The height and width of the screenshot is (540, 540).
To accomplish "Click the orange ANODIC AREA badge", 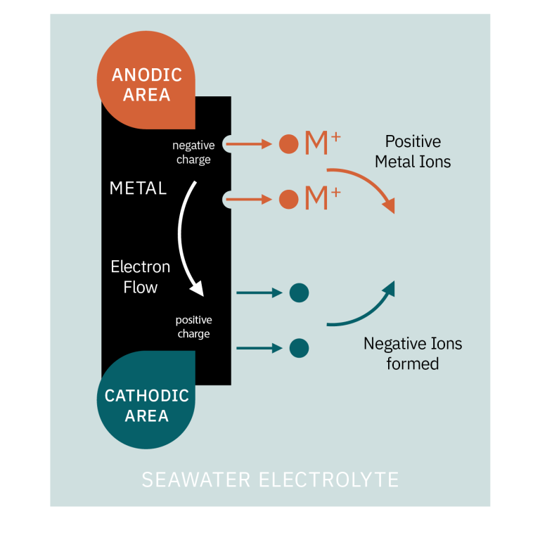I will (146, 84).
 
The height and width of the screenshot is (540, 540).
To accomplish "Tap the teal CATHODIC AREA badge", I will (146, 404).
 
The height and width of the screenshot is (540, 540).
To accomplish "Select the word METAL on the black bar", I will (138, 188).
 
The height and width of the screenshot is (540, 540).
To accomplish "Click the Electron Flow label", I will (141, 277).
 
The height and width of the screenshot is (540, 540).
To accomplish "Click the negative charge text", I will (193, 153).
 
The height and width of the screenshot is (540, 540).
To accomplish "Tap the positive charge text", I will (193, 327).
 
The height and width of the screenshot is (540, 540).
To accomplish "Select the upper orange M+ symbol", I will (322, 143).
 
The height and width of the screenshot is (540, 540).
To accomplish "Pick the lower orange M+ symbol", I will (322, 199).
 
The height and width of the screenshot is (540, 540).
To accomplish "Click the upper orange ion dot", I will (288, 144).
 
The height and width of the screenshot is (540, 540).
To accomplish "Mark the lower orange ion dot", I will (288, 200).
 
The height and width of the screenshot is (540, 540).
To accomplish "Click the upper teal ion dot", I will (299, 292).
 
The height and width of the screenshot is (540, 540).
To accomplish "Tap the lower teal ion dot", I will (299, 348).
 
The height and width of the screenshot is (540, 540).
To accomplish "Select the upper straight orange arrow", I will (252, 144).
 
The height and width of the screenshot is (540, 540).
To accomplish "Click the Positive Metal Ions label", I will (413, 151).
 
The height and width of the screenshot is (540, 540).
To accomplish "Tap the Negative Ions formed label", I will (413, 354).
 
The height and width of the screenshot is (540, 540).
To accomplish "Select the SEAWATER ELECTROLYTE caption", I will (270, 480).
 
